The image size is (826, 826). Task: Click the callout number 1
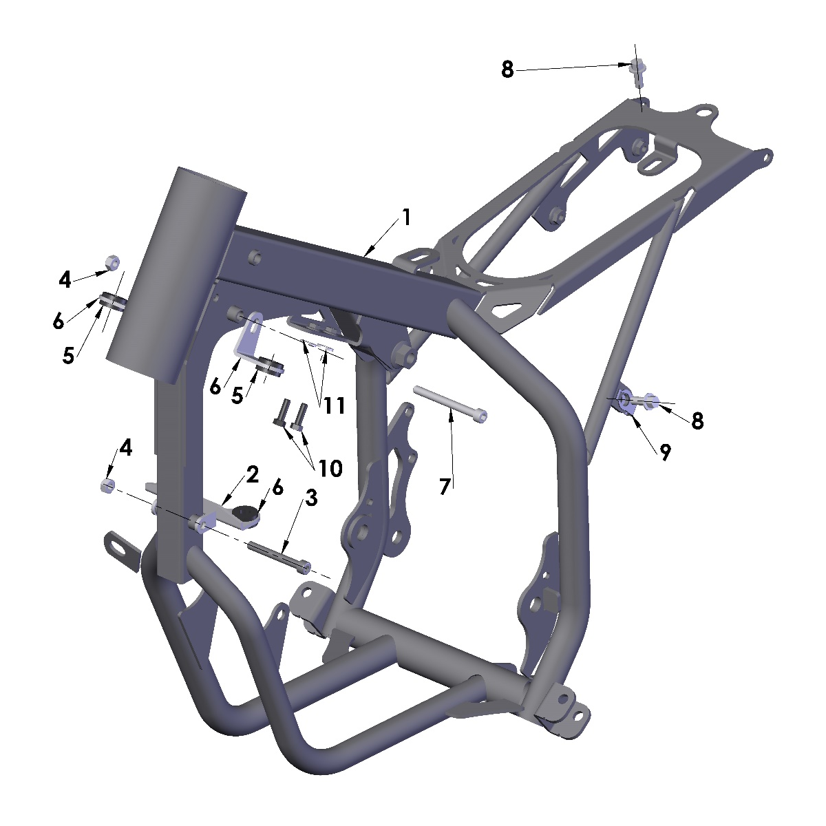point(406,218)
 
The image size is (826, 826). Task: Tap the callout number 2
point(252,475)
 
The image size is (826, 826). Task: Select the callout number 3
point(311,498)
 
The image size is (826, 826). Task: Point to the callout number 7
point(445,487)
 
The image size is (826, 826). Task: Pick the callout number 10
point(330,468)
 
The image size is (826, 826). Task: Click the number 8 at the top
point(507,69)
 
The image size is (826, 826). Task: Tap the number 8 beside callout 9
point(698,421)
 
